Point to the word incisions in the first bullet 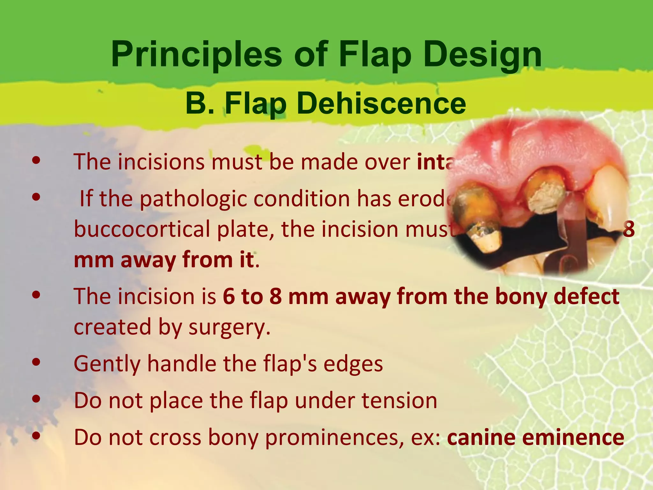coord(161,162)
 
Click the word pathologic coord(193,198)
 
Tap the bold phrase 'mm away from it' coord(164,260)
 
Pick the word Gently coord(107,364)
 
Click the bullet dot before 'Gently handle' coord(36,362)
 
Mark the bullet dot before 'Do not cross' coord(36,435)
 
